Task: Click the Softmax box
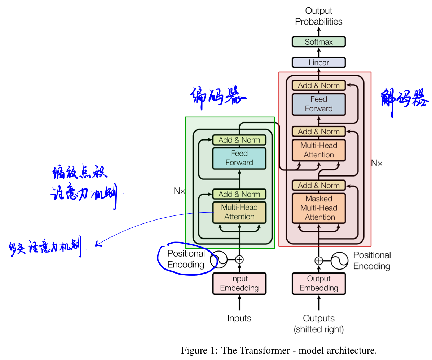(x=319, y=42)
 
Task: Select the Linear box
(x=319, y=63)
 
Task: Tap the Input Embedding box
(x=239, y=283)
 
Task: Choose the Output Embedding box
(x=319, y=283)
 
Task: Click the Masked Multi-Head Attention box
(x=319, y=208)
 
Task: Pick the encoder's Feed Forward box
(x=239, y=158)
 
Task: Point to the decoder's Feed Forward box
(x=319, y=104)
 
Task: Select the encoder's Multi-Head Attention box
(x=239, y=212)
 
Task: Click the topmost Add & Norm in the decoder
(x=319, y=85)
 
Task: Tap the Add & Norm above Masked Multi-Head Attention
(x=319, y=185)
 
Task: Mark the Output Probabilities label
(x=319, y=16)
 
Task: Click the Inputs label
(x=239, y=319)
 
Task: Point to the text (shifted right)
(x=319, y=329)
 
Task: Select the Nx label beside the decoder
(x=377, y=163)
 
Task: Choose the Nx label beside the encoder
(x=179, y=191)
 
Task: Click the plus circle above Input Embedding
(x=239, y=259)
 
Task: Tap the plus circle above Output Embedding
(x=319, y=260)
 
